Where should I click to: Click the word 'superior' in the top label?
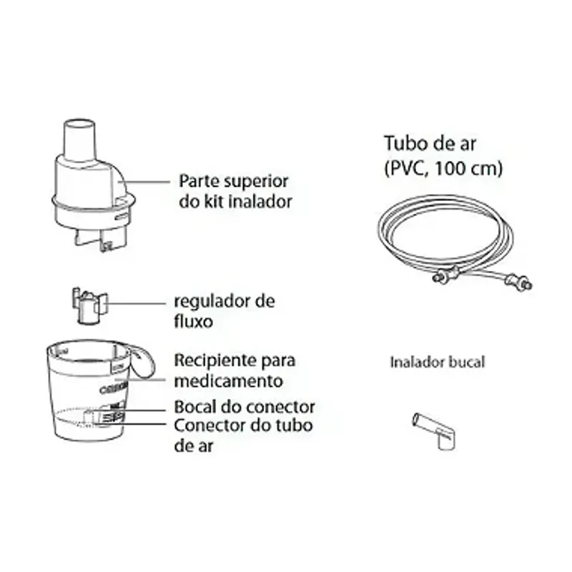[256, 182]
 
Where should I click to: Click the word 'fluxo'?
[193, 321]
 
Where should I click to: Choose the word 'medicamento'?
[228, 381]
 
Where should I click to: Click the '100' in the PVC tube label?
[450, 168]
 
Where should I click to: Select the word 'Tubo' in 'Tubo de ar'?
[403, 144]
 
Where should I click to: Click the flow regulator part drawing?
[89, 306]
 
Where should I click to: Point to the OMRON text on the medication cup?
[114, 388]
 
